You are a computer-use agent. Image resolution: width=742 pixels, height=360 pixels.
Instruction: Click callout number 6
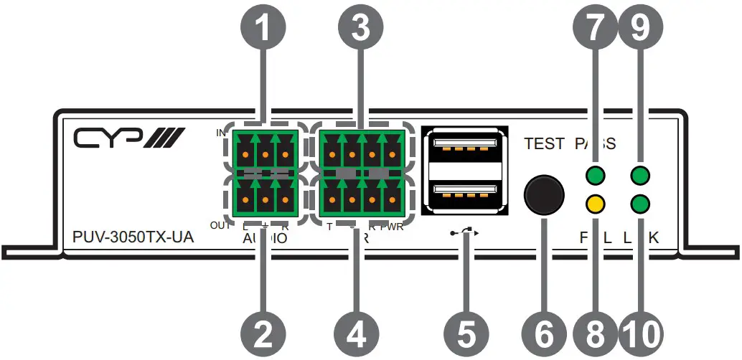click(x=543, y=331)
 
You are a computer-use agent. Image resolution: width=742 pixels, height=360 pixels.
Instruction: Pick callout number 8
click(x=594, y=331)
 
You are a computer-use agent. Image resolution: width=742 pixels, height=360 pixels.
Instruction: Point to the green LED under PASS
click(x=593, y=175)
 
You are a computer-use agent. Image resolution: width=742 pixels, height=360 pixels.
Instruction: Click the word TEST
click(x=544, y=143)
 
